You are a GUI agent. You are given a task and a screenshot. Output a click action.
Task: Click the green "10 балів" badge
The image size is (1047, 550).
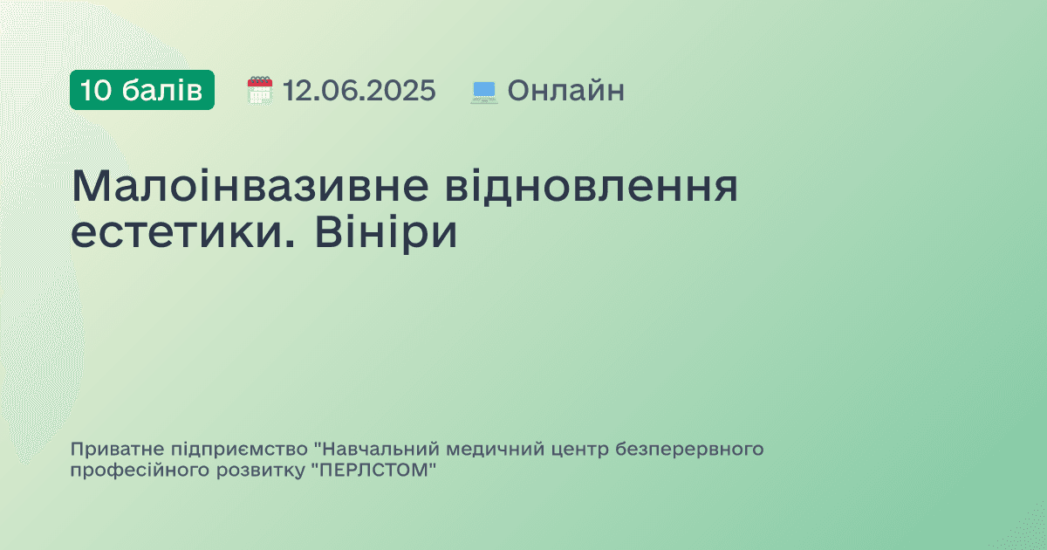point(142,90)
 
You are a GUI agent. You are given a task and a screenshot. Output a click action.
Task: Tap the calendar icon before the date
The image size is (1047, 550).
point(260,90)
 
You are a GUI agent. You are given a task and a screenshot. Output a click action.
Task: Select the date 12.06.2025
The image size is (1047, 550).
point(359,90)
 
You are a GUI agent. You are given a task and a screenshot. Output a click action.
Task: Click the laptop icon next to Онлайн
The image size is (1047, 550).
point(484,91)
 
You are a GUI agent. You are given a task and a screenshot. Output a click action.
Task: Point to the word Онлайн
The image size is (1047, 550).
point(566,90)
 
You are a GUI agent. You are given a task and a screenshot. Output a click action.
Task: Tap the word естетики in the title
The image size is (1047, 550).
point(174,233)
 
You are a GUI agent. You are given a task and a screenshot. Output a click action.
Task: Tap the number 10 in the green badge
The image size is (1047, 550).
point(96,90)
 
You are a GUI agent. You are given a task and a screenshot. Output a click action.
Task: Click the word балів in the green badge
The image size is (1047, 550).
point(162,90)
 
